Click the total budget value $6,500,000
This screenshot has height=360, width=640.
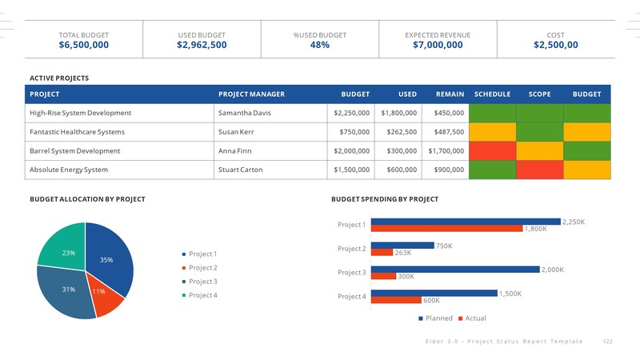pyautogui.click(x=83, y=46)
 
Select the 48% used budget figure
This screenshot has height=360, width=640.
pyautogui.click(x=319, y=46)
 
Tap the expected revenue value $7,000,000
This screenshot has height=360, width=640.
pyautogui.click(x=438, y=46)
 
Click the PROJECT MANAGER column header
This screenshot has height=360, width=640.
pyautogui.click(x=251, y=94)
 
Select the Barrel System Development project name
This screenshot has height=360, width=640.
pyautogui.click(x=74, y=151)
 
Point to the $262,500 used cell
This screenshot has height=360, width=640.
pyautogui.click(x=398, y=132)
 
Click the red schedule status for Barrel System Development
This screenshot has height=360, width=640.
pyautogui.click(x=492, y=151)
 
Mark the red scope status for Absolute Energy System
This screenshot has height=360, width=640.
pyautogui.click(x=539, y=170)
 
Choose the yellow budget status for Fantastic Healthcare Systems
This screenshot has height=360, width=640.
pyautogui.click(x=586, y=132)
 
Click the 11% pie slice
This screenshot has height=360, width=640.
pyautogui.click(x=106, y=297)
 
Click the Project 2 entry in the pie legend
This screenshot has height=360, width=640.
pyautogui.click(x=202, y=268)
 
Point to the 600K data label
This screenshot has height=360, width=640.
pyautogui.click(x=431, y=301)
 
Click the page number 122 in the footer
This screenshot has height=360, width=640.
pyautogui.click(x=607, y=342)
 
